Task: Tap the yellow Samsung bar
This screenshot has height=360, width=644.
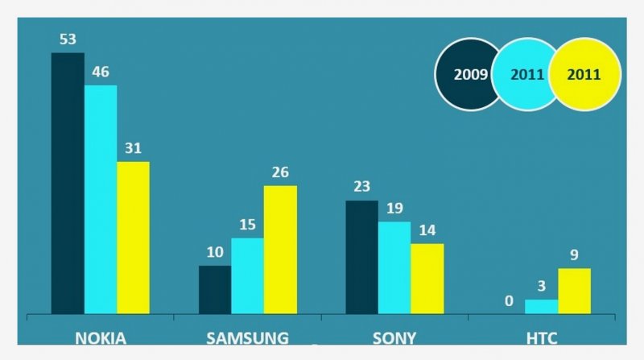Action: click(280, 250)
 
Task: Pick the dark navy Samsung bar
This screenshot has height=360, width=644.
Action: click(215, 290)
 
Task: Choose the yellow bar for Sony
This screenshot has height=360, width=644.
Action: click(427, 279)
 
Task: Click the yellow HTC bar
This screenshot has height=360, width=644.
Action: click(574, 291)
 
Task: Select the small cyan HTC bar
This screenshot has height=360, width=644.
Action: click(541, 307)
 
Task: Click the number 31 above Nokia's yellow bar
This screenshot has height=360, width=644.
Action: click(134, 149)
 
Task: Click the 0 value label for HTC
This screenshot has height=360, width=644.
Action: click(508, 301)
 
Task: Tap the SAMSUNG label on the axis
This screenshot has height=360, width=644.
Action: click(247, 337)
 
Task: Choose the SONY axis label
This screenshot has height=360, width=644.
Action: click(394, 337)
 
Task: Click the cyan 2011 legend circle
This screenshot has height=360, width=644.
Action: click(526, 74)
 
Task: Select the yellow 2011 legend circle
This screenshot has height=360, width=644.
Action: click(585, 74)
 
